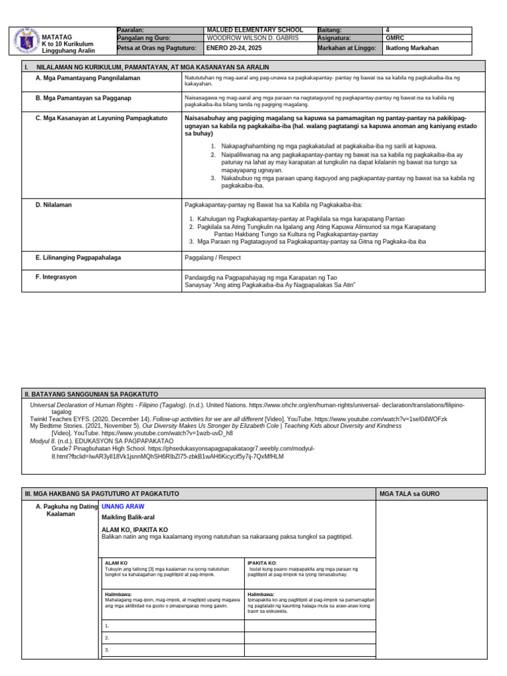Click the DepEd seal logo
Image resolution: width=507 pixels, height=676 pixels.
click(26, 41)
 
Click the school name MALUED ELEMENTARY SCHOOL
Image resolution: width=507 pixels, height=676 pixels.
click(255, 30)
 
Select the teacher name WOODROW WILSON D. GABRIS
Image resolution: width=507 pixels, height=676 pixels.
click(253, 39)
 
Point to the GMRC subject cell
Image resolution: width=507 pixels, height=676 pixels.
click(395, 39)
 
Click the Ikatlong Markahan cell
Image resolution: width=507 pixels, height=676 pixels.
click(412, 48)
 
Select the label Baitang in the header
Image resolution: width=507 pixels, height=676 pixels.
click(330, 30)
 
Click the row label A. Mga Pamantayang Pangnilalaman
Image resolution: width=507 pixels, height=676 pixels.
click(88, 78)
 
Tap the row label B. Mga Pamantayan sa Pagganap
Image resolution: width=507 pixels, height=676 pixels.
click(83, 98)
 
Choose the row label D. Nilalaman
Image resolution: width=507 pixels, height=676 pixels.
click(53, 205)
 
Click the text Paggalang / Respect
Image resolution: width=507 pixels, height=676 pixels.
click(213, 258)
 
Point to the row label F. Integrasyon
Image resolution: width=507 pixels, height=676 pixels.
click(56, 277)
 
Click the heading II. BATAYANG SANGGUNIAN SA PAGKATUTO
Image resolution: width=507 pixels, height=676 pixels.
click(91, 394)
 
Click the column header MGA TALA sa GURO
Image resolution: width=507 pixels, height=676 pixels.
click(409, 494)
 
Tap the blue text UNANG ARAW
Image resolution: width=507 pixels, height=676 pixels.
click(123, 506)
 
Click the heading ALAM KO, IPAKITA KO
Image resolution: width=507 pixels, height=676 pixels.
click(135, 529)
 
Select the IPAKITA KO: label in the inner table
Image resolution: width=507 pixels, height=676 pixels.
click(262, 563)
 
